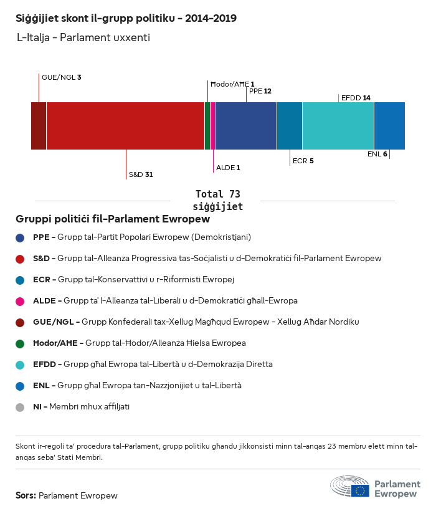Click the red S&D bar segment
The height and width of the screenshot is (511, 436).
125,126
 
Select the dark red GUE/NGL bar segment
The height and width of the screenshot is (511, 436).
39,126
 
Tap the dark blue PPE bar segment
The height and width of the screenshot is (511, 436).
246,126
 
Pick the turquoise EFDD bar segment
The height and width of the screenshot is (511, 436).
338,126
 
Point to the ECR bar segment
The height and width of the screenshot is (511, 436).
289,126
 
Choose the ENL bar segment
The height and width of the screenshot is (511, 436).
389,126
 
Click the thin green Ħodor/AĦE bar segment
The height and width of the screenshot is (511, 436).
207,126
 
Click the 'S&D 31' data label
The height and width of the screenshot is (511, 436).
141,174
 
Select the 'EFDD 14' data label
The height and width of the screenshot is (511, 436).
356,98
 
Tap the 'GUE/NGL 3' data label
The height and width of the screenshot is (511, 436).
62,77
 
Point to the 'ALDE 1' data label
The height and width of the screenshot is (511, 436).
228,168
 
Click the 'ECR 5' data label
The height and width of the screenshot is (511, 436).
303,161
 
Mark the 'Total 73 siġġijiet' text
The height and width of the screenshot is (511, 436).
217,200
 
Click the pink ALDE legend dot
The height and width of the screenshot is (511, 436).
21,301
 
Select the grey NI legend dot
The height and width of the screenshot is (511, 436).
21,407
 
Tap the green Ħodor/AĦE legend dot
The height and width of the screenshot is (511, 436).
21,343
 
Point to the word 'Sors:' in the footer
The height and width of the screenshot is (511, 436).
26,496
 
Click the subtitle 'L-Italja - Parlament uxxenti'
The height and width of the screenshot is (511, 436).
83,37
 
